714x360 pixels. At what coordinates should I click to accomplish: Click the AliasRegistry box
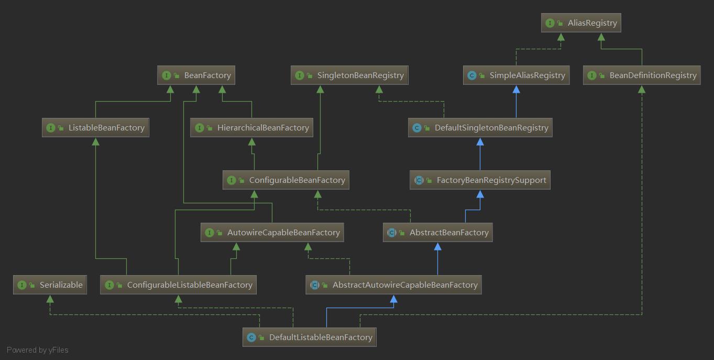click(x=581, y=23)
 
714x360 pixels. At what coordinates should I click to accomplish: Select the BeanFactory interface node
click(x=196, y=75)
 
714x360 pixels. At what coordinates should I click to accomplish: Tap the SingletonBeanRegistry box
click(x=349, y=75)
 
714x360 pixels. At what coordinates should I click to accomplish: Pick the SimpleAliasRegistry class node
click(x=516, y=75)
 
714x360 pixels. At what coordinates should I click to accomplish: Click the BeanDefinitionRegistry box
click(x=642, y=75)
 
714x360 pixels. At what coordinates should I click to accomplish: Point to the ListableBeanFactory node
click(x=95, y=127)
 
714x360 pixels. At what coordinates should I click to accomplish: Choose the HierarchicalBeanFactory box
click(x=251, y=127)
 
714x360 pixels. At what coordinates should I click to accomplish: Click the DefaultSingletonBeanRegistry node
click(x=480, y=127)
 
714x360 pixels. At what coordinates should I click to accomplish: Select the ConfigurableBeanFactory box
click(x=285, y=180)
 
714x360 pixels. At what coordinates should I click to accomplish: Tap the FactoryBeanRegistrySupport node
click(x=480, y=180)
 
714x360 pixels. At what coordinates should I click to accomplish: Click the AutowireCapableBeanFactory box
click(x=272, y=233)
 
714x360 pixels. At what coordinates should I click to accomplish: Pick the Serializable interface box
click(x=50, y=285)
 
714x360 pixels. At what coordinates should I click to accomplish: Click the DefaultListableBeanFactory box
click(x=309, y=337)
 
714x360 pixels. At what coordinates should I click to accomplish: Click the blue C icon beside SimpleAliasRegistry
click(x=472, y=75)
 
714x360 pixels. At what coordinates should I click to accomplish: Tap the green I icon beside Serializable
click(x=21, y=285)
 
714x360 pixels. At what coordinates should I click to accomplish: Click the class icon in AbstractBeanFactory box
click(x=392, y=233)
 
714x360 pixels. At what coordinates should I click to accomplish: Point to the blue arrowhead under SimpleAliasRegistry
click(x=516, y=89)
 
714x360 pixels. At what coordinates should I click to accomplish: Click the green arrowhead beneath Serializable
click(x=50, y=299)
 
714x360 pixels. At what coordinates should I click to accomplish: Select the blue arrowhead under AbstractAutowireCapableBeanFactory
click(x=393, y=299)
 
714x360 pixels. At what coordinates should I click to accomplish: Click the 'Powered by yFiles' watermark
click(x=38, y=350)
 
